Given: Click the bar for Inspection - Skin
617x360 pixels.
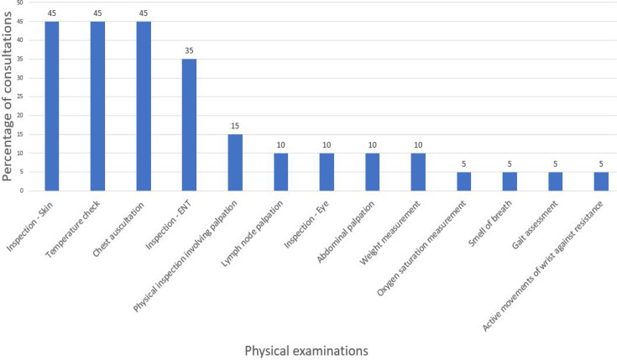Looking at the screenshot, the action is pos(52,107).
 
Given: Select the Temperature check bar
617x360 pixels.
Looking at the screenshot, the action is pos(97,107).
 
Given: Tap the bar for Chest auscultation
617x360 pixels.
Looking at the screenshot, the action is pos(144,107).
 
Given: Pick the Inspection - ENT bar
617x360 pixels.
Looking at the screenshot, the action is pos(189,125).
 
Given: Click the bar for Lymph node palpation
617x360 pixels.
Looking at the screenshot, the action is pos(281,172).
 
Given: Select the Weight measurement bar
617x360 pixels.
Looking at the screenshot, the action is pos(418,172).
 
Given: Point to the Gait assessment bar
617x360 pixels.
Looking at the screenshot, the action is pos(555,181).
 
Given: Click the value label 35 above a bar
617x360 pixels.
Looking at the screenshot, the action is pos(189,50).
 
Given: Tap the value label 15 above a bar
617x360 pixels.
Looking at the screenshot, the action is pos(235,126).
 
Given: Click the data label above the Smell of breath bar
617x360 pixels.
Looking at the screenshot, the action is pos(510,164).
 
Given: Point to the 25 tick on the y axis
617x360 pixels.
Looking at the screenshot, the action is pos(20,97).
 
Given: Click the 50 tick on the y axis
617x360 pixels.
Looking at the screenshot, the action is pos(20,3).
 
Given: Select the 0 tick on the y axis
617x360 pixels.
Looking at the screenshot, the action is pos(22,190).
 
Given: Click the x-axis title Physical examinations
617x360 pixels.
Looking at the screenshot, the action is pos(306,351).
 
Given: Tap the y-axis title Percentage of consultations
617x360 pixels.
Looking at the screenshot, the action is pos(7,97).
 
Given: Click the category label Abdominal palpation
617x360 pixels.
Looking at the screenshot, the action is pos(346,232).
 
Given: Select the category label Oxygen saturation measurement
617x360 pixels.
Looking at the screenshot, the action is pos(421,248).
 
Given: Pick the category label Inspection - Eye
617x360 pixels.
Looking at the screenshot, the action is pos(306,225).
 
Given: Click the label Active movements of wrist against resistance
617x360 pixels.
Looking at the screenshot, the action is pos(542,266).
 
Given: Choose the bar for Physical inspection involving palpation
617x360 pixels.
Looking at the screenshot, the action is pos(235,163).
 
